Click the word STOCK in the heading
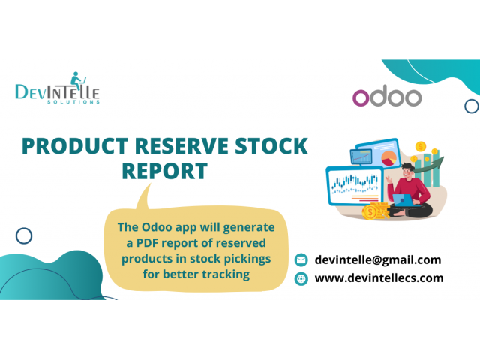tap(271, 146)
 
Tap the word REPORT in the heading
tap(165, 171)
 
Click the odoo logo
tap(387, 96)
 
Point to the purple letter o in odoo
tap(361, 98)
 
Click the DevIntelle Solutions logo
tap(58, 88)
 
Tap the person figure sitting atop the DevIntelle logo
tap(76, 80)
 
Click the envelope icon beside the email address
tap(301, 260)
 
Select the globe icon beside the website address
tap(301, 278)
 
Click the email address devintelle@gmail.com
tap(378, 260)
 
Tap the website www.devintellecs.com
tap(379, 278)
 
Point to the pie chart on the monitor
tap(389, 158)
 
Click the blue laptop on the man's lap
tap(403, 200)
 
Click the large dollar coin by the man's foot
tap(370, 212)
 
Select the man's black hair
tap(408, 167)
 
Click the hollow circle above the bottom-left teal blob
tap(24, 235)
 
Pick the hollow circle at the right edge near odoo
tap(472, 106)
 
